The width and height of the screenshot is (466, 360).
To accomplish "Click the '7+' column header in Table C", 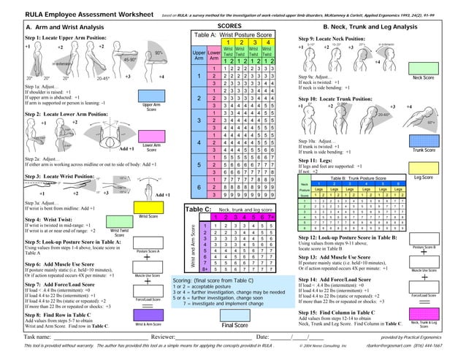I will point(272,218).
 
